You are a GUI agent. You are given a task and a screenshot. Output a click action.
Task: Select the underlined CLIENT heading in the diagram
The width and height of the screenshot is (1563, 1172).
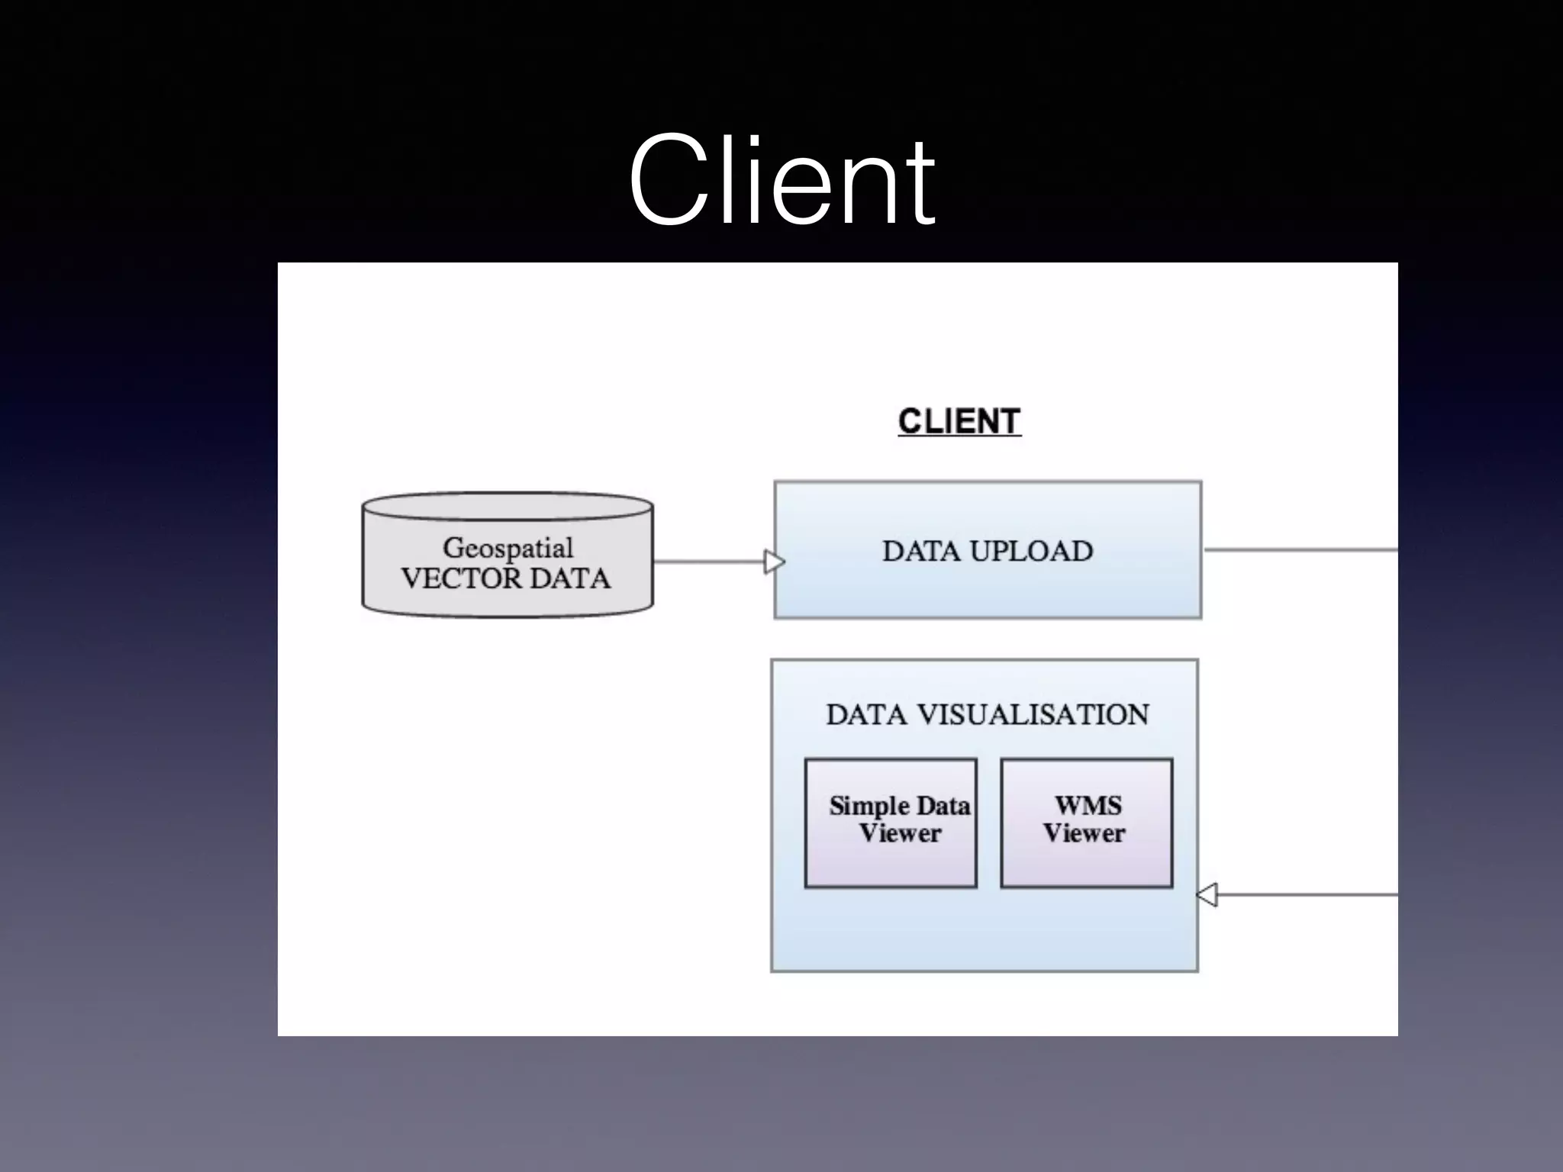point(959,421)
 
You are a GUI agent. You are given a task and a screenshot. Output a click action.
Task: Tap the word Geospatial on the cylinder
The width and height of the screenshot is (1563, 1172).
point(508,548)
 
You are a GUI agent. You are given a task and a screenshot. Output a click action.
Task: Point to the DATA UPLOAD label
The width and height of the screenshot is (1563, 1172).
point(988,551)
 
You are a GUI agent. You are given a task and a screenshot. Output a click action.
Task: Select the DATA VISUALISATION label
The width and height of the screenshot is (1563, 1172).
point(987,714)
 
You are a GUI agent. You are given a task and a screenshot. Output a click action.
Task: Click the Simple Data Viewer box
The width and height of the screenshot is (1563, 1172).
point(891,823)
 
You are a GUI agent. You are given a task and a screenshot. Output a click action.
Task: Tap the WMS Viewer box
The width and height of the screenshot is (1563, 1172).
point(1086,823)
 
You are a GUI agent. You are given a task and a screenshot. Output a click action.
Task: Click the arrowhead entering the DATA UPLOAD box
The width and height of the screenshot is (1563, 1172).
point(774,562)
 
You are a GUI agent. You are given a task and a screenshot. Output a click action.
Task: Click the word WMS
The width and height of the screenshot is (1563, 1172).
point(1088,806)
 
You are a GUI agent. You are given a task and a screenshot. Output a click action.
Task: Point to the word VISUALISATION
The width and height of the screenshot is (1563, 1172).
point(1032,714)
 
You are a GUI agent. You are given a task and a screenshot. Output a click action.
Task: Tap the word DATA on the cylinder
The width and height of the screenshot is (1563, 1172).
point(569,578)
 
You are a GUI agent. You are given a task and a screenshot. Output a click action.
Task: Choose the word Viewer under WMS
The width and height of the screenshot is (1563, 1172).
point(1084,833)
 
